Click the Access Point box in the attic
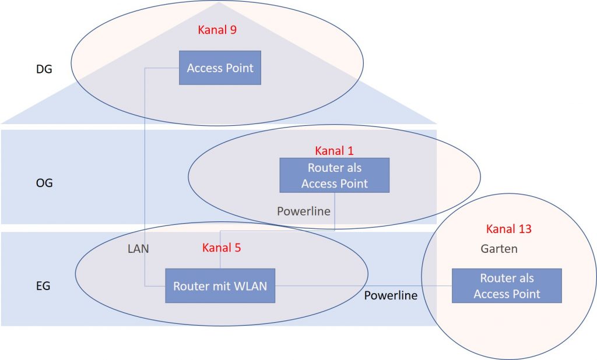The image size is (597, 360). coord(220,68)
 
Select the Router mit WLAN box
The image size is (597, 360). coord(220,285)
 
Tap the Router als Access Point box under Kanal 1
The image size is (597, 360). coord(334,175)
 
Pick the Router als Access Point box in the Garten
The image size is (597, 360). coord(507,285)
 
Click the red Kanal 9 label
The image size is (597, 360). coord(217,30)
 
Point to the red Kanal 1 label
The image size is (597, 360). coord(334,151)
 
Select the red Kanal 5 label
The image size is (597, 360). coord(222,248)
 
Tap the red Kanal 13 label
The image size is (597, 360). coord(508,229)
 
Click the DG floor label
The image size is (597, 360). coord(44,69)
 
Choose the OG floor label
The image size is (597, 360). coord(44,183)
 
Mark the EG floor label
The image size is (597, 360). coord(44,286)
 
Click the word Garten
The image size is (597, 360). coord(499,249)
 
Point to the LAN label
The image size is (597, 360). coord(138,249)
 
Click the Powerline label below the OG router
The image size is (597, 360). coord(303,211)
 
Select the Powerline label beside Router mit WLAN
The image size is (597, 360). coord(391,295)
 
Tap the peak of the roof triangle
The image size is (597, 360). coord(219,3)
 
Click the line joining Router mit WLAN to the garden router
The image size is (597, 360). coord(361,285)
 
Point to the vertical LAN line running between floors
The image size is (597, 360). coord(145,175)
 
